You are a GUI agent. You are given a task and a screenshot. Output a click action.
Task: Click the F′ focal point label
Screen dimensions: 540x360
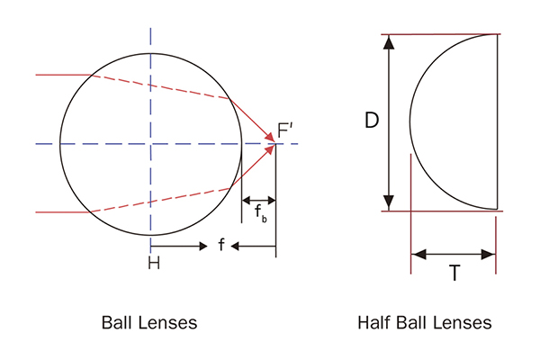click(284, 130)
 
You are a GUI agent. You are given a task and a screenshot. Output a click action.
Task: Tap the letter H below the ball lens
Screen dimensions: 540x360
click(154, 263)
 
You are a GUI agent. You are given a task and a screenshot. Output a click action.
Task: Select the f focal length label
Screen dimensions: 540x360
click(221, 245)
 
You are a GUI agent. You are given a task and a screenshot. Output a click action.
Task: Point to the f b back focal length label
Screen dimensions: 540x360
click(261, 213)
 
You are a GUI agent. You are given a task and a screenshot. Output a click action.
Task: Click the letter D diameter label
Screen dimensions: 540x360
click(372, 121)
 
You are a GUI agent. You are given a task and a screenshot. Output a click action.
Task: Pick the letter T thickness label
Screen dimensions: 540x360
click(454, 273)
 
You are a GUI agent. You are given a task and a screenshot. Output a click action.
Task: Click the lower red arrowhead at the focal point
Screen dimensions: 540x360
click(270, 150)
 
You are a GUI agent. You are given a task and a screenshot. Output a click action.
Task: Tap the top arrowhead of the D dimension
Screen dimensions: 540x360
click(389, 41)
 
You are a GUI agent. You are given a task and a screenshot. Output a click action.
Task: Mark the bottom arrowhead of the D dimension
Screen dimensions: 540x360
click(389, 202)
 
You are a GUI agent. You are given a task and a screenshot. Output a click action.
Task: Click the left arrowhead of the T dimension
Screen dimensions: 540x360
click(418, 255)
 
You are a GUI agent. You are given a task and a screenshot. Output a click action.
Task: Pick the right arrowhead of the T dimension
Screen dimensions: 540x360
click(489, 255)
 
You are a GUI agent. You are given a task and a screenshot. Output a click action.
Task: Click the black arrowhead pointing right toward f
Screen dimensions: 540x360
click(203, 246)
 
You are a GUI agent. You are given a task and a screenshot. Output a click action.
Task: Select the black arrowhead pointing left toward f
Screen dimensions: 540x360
click(235, 246)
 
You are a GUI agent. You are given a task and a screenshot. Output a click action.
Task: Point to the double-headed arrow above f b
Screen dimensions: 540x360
click(259, 200)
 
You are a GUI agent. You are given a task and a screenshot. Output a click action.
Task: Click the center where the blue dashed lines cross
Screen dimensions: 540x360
click(150, 144)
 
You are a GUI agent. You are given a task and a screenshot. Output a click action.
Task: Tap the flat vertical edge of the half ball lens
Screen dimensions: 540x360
click(498, 121)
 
